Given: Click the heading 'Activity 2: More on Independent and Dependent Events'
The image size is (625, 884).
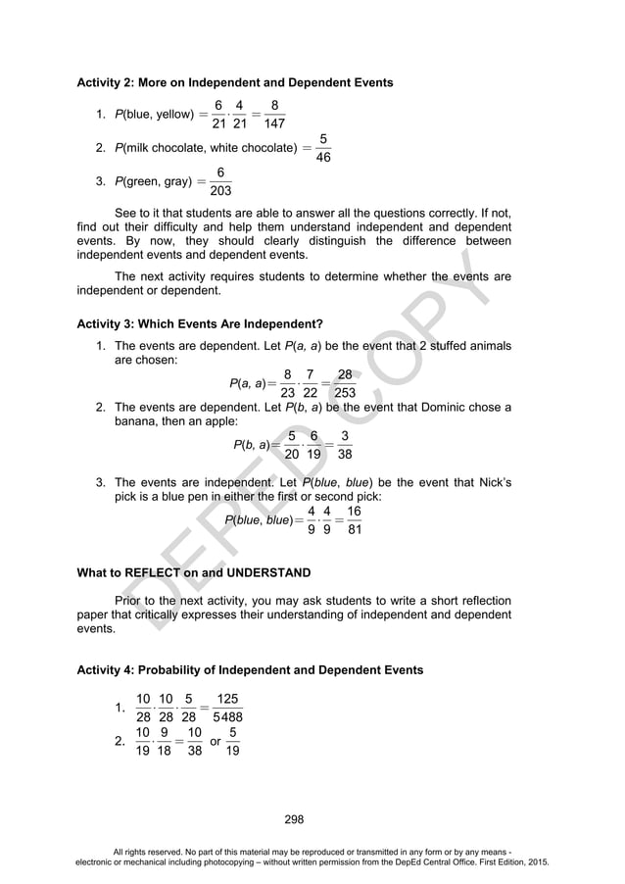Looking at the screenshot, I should pyautogui.click(x=234, y=82).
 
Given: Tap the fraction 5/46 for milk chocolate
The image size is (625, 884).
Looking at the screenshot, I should pyautogui.click(x=323, y=148).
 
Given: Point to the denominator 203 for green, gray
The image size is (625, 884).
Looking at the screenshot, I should pyautogui.click(x=221, y=190).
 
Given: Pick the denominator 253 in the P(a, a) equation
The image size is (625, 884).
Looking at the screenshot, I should pyautogui.click(x=344, y=394).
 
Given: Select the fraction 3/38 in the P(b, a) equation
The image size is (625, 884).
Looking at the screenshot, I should pyautogui.click(x=345, y=445).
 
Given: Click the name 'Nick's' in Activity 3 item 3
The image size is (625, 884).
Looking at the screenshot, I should pyautogui.click(x=493, y=483).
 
